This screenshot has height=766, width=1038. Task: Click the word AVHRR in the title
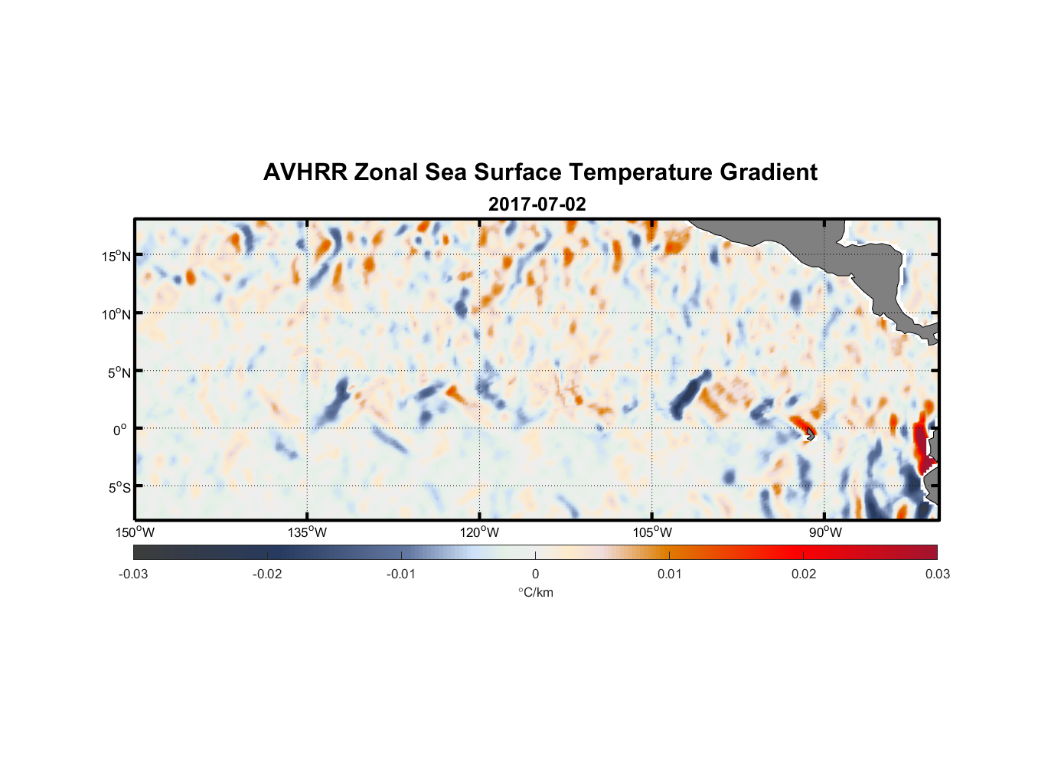(x=305, y=172)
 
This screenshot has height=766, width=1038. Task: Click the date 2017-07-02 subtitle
(x=537, y=205)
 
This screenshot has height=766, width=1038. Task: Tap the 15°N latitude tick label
(x=116, y=256)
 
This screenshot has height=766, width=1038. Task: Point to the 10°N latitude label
(x=116, y=314)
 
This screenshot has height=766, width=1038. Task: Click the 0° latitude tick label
(x=120, y=430)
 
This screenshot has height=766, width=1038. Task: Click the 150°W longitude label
(x=135, y=532)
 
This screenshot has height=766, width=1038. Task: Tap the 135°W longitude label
(x=308, y=532)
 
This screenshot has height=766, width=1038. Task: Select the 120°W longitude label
(x=480, y=532)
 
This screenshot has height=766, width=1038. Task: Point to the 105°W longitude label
(x=652, y=532)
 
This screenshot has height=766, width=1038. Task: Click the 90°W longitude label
(x=825, y=532)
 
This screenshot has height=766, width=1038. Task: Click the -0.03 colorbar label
(x=133, y=574)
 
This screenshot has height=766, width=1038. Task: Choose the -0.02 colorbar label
(x=267, y=574)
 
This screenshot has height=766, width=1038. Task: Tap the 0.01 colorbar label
(x=669, y=574)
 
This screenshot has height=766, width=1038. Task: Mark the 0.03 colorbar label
(x=937, y=574)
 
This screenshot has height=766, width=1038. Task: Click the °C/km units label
(x=535, y=592)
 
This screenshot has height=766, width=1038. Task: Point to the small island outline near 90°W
(x=810, y=434)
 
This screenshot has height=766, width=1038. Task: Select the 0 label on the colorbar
(x=535, y=574)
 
